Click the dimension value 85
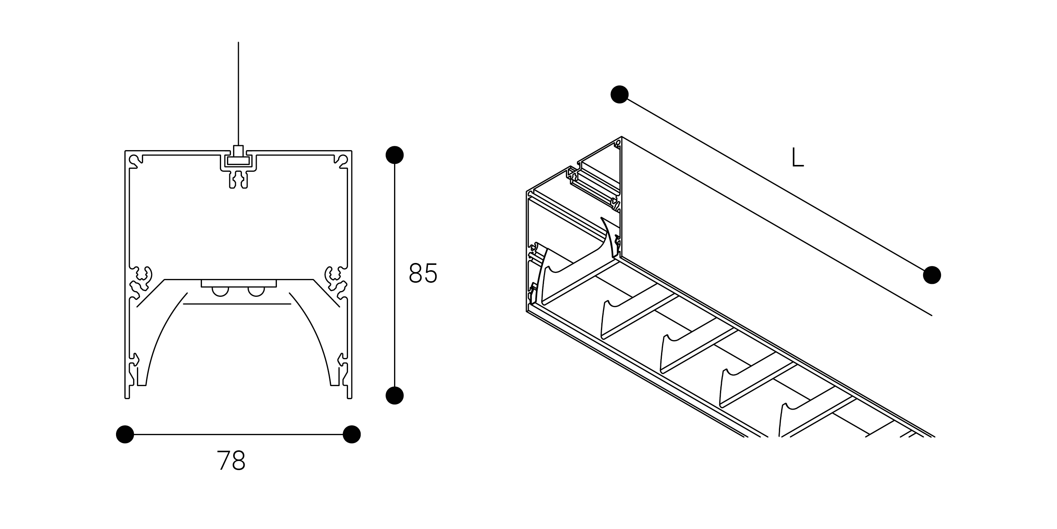point(423,273)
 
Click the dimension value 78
point(231,460)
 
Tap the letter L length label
point(797,157)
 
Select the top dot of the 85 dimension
point(395,155)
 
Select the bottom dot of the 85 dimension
point(395,395)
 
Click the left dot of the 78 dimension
point(125,434)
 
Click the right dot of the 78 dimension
point(352,434)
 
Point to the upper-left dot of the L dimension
point(620,94)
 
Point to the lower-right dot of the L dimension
point(932,275)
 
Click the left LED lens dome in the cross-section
point(220,291)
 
